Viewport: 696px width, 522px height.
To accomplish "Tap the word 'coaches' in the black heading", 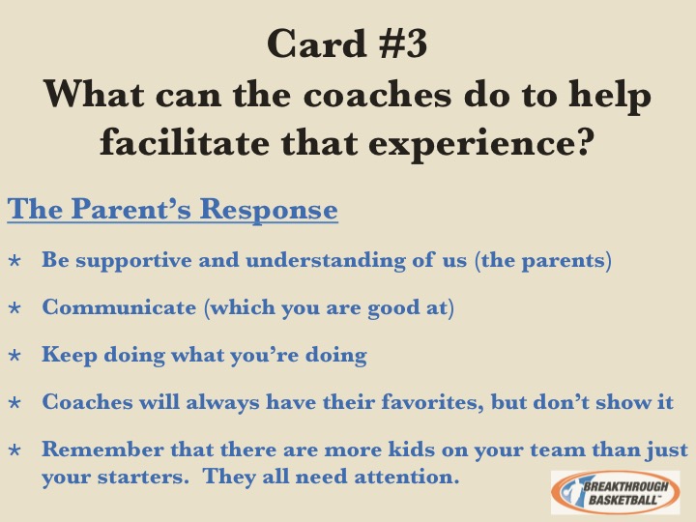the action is point(377,94).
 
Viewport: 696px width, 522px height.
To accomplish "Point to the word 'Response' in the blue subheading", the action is point(269,208).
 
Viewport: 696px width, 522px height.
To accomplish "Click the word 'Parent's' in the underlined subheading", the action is point(130,208).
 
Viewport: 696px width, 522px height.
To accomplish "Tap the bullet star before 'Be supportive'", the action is point(14,260).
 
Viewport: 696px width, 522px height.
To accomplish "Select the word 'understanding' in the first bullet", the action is point(326,260).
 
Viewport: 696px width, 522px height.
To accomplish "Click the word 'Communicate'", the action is point(119,306).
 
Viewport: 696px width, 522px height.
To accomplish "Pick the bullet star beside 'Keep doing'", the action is point(14,355).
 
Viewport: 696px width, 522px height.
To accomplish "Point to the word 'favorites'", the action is point(432,402).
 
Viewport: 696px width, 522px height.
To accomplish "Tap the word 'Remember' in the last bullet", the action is point(102,449).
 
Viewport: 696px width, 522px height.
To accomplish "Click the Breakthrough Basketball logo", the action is point(615,492).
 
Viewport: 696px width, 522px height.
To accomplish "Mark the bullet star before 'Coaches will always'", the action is point(14,402).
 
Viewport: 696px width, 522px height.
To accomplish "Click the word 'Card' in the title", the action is point(317,43).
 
